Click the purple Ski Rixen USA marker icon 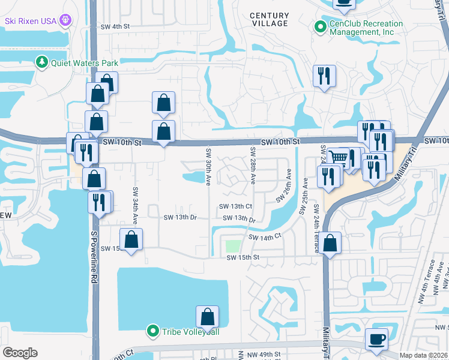[66, 20]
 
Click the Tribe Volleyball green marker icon [153, 331]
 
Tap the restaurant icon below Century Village [324, 76]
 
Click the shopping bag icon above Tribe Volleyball [207, 316]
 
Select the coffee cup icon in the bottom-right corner [376, 339]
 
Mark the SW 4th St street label [115, 27]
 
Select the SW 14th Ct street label [265, 238]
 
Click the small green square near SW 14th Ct [232, 246]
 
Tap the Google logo [19, 353]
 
